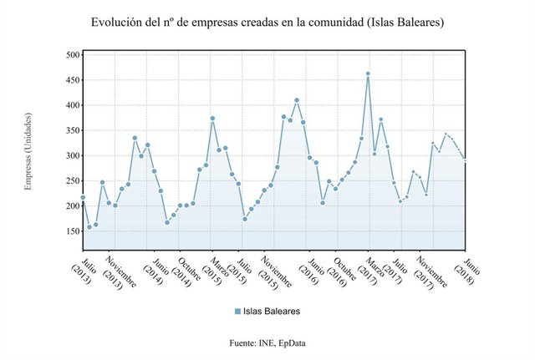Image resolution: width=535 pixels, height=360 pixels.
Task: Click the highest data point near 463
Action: (368, 74)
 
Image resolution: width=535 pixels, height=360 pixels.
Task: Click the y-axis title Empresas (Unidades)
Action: (28, 151)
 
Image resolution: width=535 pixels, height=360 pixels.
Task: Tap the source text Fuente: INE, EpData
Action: (267, 343)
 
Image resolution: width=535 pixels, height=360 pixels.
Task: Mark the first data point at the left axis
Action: (83, 198)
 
